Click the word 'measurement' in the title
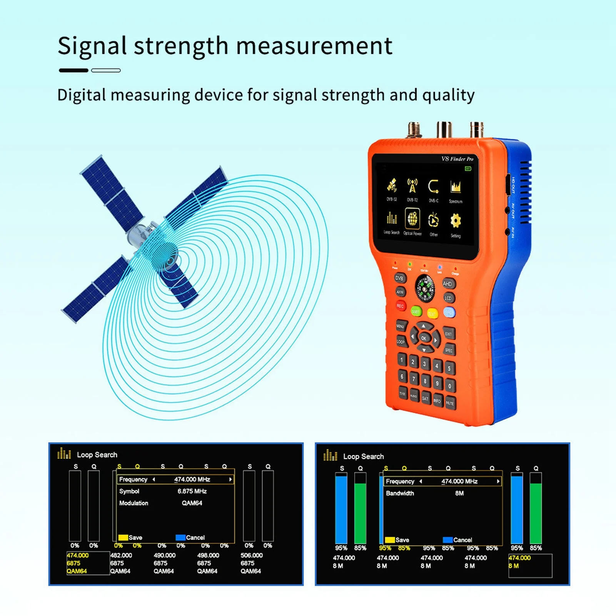314,46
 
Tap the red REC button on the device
401,306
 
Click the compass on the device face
425,288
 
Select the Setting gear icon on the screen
456,221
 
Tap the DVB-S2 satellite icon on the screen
392,185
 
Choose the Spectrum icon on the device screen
456,187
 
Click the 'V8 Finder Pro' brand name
457,159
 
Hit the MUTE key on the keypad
450,403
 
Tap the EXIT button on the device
449,334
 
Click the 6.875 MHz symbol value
192,491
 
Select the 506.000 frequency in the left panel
252,555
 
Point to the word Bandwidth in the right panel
400,493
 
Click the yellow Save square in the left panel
123,538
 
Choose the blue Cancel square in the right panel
447,540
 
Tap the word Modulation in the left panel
134,503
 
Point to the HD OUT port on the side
508,185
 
